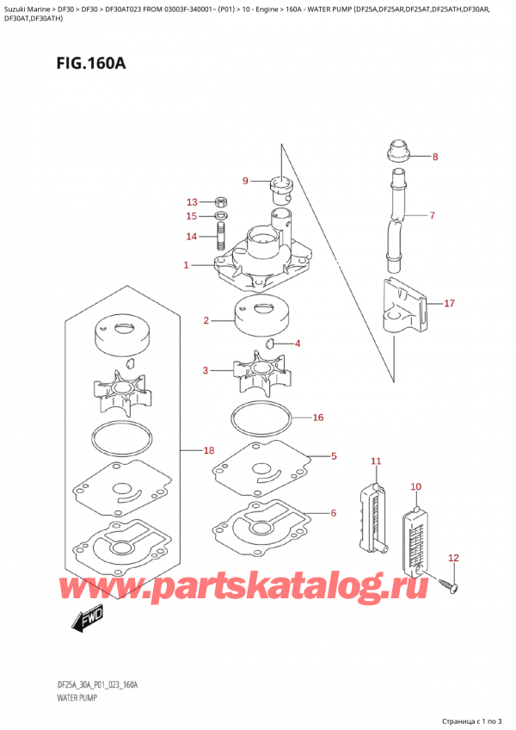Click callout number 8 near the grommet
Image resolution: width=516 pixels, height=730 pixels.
[434, 157]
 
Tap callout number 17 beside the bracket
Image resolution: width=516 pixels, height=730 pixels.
[448, 303]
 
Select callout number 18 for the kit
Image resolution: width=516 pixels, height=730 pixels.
[207, 450]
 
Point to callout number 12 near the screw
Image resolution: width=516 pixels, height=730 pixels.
[454, 558]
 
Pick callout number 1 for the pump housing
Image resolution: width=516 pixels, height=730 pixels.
[187, 265]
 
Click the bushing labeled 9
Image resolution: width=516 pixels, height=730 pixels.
[281, 182]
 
